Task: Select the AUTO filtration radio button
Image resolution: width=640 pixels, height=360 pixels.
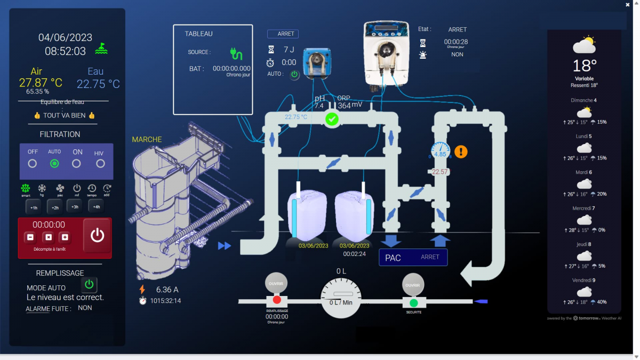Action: point(54,163)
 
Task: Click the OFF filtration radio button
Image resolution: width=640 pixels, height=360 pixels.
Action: point(33,163)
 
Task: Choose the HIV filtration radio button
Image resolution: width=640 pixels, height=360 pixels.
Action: point(100,163)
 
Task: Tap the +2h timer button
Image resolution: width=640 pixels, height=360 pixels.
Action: point(54,207)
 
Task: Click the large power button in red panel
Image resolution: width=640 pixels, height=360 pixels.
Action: point(97,235)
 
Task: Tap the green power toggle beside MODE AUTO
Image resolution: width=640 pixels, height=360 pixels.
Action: point(90,284)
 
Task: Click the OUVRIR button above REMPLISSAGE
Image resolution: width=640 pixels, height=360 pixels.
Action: point(276,284)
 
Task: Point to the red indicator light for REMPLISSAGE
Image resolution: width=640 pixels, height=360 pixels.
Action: point(277,300)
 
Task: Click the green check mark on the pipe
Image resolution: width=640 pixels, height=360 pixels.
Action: point(332,119)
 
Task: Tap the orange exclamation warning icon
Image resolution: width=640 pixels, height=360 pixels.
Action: point(461,151)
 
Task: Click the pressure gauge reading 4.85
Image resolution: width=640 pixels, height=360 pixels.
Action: point(440,151)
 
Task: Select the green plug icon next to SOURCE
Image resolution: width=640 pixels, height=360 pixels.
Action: point(236,53)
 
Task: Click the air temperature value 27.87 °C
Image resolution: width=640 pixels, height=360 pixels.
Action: point(41,83)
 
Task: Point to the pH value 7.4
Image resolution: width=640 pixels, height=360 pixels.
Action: point(319,106)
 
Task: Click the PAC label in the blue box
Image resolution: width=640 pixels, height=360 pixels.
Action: point(393,258)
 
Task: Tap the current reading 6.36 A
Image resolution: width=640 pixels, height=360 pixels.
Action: point(167,290)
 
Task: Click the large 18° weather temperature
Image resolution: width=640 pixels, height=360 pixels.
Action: point(585,66)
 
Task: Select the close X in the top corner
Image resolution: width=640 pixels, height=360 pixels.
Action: point(628,4)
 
